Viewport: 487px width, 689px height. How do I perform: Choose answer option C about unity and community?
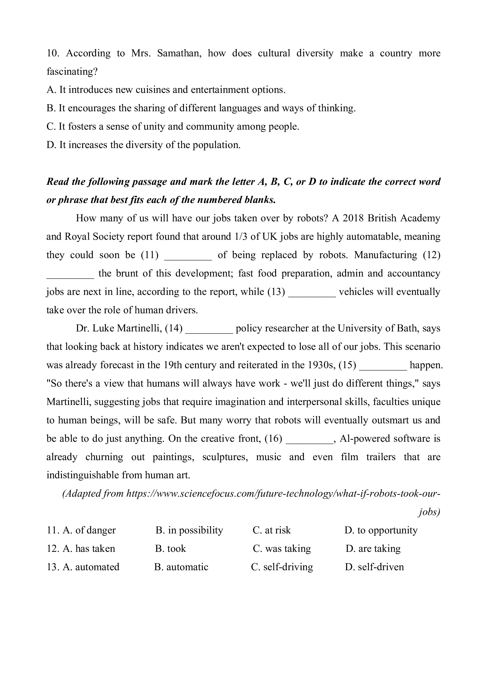(x=173, y=127)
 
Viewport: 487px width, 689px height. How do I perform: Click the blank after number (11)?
(x=188, y=255)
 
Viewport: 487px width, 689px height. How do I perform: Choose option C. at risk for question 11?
(x=272, y=530)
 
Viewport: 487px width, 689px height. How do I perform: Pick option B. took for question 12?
(x=171, y=549)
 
